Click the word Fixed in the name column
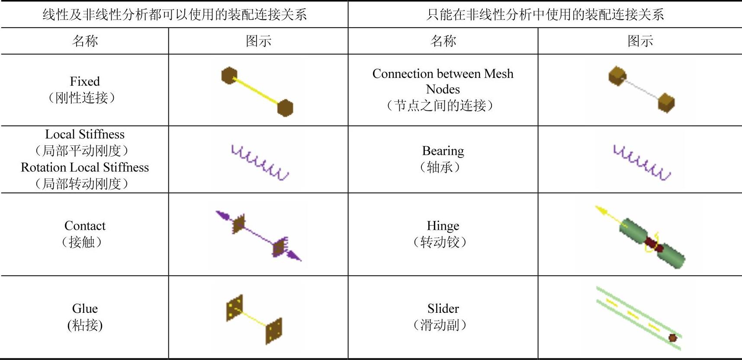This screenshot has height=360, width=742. coord(85,81)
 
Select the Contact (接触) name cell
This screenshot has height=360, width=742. coord(85,234)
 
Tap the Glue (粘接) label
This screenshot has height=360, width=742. coord(85,317)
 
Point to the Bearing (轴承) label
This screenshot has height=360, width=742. coord(443,159)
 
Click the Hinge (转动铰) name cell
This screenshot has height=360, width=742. coord(443,234)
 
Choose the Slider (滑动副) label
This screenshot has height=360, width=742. coord(443,317)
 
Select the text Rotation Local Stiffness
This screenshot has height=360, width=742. coord(85,167)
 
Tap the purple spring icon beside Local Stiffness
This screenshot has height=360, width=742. coord(260,163)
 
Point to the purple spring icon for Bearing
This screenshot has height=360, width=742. coord(642,163)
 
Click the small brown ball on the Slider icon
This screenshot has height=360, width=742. coord(672,338)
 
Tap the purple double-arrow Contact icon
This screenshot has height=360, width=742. coord(258,236)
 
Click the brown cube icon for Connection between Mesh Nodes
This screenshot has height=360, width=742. coord(642,90)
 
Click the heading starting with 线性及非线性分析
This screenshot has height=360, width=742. coord(175,15)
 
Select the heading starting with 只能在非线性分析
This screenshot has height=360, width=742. coord(545,15)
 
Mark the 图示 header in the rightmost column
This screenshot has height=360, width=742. coord(640,41)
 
